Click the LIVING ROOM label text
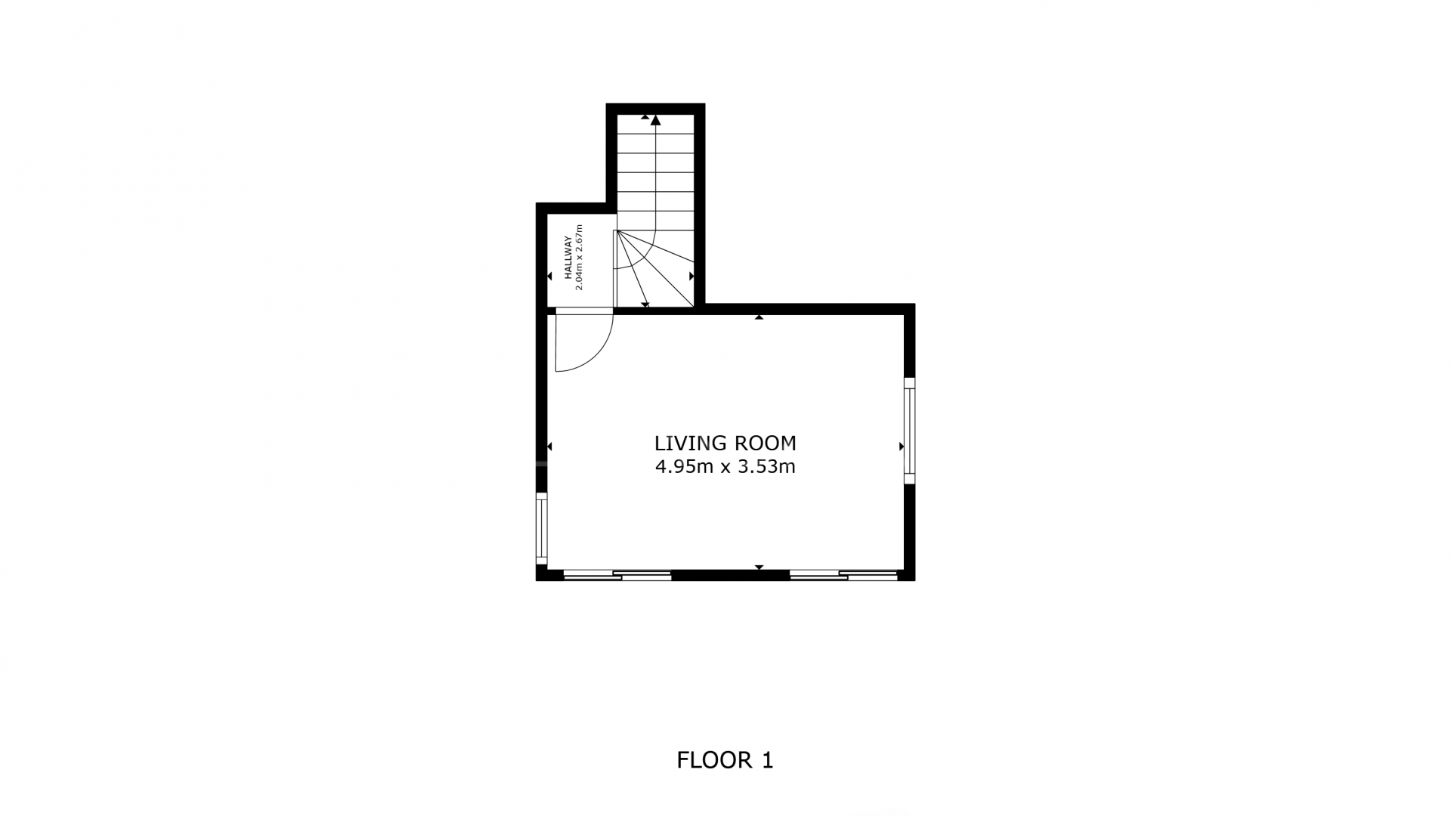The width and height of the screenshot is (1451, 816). [725, 443]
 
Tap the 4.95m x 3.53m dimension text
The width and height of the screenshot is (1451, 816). [725, 467]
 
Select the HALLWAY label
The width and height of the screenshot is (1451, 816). [568, 258]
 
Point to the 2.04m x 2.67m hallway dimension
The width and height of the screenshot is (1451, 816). [580, 258]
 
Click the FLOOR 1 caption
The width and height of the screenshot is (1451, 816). [725, 760]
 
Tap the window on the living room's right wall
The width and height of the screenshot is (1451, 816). [909, 431]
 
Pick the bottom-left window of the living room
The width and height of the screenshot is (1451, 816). [617, 575]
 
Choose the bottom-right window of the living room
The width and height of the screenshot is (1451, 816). [843, 575]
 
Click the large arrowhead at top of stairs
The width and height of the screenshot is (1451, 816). [656, 119]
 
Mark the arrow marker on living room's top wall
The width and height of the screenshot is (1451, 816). [759, 317]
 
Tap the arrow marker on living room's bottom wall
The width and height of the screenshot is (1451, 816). [759, 567]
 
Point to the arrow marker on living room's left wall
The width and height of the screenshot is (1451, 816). [550, 447]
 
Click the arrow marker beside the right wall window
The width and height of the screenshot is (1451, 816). [901, 447]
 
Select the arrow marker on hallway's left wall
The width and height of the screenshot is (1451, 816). [550, 277]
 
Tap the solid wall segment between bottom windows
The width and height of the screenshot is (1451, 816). [730, 575]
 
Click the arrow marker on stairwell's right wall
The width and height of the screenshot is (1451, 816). [691, 277]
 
